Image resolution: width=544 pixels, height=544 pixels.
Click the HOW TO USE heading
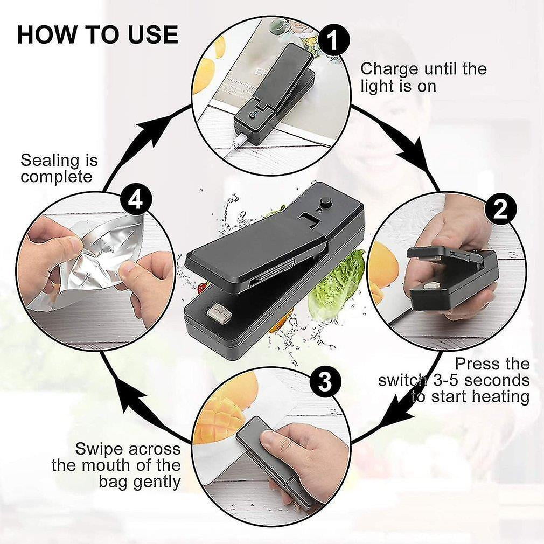point(97,34)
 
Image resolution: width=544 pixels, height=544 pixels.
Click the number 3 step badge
point(325,382)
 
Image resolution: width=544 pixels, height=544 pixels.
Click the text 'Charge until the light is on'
point(423,77)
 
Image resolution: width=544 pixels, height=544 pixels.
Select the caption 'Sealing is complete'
point(59,168)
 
